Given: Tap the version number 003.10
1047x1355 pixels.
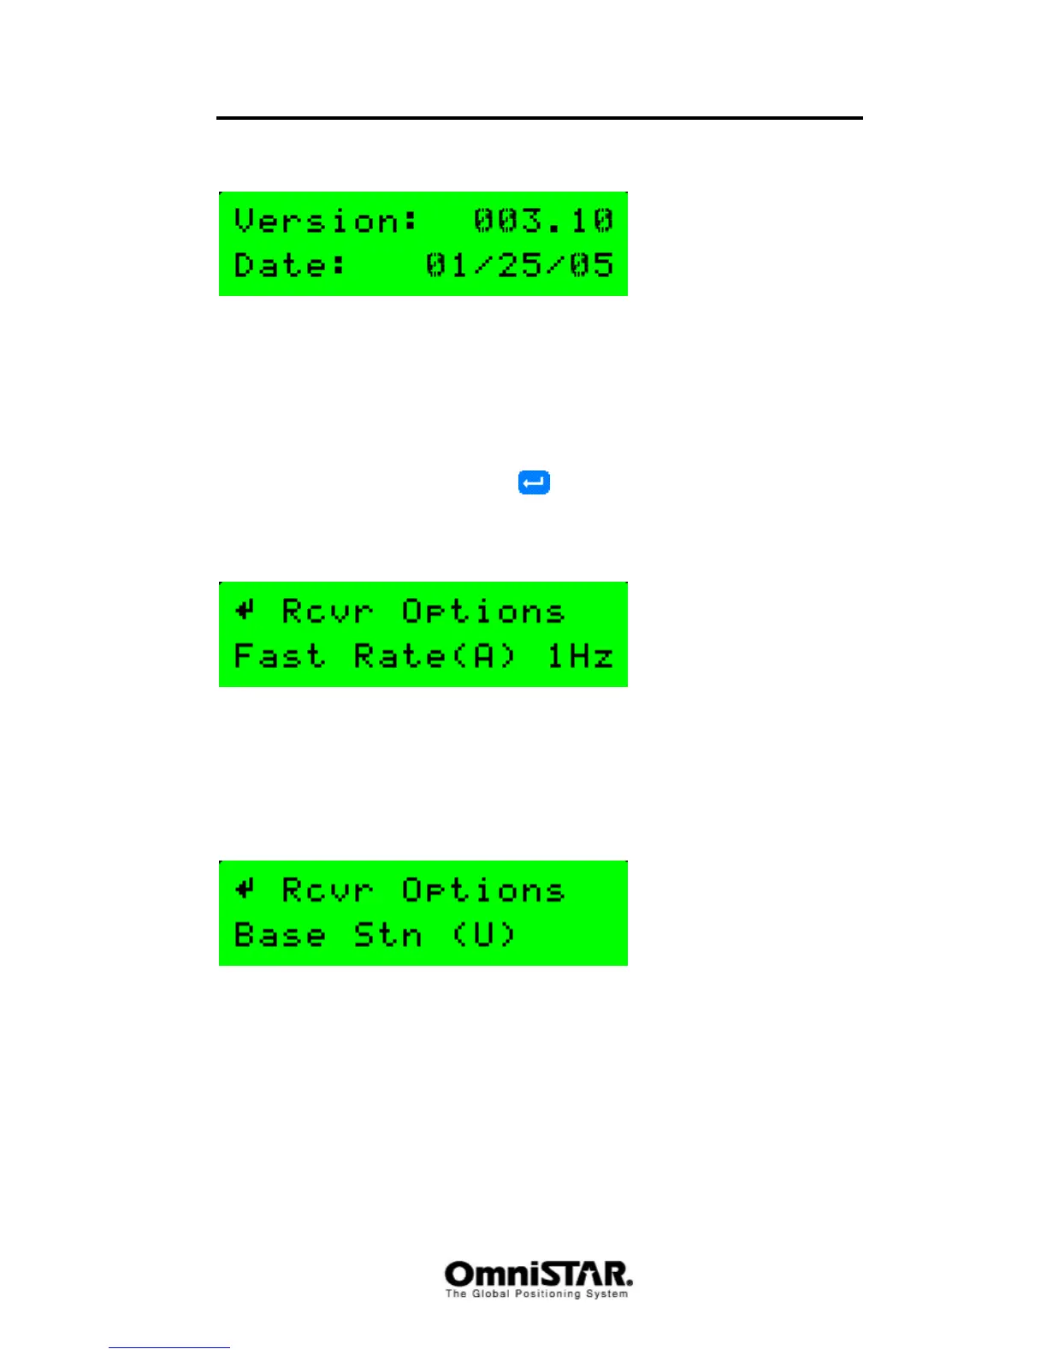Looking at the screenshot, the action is coord(543,221).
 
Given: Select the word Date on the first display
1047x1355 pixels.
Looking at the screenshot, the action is coord(290,265).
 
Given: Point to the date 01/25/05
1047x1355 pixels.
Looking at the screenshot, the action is coord(519,265).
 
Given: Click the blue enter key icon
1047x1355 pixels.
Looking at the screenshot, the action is coord(534,482).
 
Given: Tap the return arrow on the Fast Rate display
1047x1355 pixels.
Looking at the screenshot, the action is coord(245,610).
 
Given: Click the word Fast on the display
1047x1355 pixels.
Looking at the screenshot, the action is coord(279,656).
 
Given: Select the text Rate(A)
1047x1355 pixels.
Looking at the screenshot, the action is coord(435,656).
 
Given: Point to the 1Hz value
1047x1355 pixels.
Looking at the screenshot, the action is coord(580,656).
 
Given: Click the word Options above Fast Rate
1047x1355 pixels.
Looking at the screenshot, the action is coord(483,612).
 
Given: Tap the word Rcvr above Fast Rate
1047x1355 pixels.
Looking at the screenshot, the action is coord(328,612).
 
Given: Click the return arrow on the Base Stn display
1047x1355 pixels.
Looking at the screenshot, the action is coord(245,889).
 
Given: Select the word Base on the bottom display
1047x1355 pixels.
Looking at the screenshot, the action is coord(279,935).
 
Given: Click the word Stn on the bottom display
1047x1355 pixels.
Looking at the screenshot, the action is coord(387,935).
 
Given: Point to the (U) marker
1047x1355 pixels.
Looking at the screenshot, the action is coord(483,935).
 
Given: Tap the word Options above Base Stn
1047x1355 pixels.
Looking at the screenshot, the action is coord(483,891).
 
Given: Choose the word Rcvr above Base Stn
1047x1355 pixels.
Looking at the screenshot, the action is coord(328,891).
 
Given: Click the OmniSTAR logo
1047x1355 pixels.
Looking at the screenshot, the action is coord(538,1274).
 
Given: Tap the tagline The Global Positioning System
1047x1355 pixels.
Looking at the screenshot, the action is coord(536,1294).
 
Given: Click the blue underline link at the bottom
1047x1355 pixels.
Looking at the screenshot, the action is coord(169,1347).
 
